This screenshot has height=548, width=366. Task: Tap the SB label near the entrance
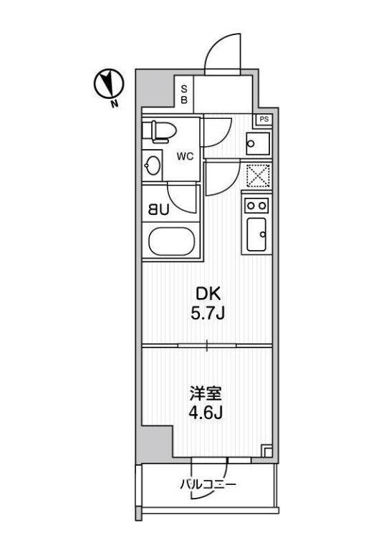click(x=184, y=95)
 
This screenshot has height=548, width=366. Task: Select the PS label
click(x=264, y=119)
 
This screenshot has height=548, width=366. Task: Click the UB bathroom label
click(x=158, y=210)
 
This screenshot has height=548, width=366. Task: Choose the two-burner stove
click(x=257, y=206)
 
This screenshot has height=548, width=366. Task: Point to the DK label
click(x=206, y=294)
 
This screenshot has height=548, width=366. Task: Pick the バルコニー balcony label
click(x=208, y=485)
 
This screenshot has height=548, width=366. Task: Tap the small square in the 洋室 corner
click(x=266, y=451)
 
